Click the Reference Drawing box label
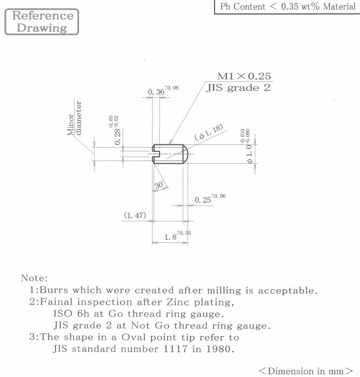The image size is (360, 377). click(x=42, y=22)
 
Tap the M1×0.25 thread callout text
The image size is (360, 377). click(x=244, y=76)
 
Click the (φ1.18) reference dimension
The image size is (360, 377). click(x=209, y=132)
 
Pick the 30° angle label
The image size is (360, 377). click(x=160, y=185)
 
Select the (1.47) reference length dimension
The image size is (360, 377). click(x=135, y=215)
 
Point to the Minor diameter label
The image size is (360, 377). click(x=74, y=118)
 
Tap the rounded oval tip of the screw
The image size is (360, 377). click(x=185, y=154)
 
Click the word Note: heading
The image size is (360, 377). click(x=34, y=278)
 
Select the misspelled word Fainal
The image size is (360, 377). click(x=56, y=302)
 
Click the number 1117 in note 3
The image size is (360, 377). click(x=175, y=348)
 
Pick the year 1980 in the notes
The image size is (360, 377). click(x=220, y=348)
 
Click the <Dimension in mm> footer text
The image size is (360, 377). click(x=306, y=371)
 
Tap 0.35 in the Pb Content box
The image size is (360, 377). click(x=290, y=6)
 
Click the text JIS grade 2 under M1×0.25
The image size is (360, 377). click(x=238, y=88)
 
